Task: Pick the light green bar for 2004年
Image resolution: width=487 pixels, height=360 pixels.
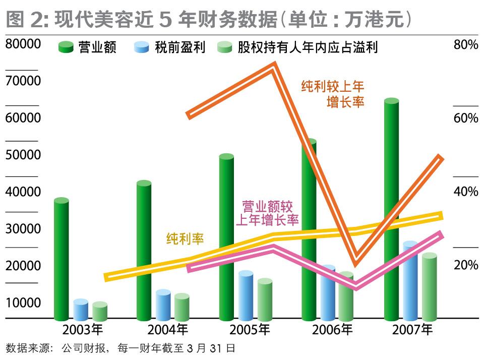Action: [181, 308]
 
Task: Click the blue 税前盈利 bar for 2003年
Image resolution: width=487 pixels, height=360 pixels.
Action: [81, 310]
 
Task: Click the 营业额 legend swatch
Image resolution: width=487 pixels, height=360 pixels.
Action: [67, 47]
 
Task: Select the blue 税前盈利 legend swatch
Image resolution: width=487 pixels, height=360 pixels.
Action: [142, 47]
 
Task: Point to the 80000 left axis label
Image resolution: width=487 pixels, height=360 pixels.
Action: [23, 44]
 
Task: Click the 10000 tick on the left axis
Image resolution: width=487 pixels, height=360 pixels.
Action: [23, 303]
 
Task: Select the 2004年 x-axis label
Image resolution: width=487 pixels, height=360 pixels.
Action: [167, 330]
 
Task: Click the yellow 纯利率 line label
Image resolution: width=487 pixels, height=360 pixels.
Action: [185, 238]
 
